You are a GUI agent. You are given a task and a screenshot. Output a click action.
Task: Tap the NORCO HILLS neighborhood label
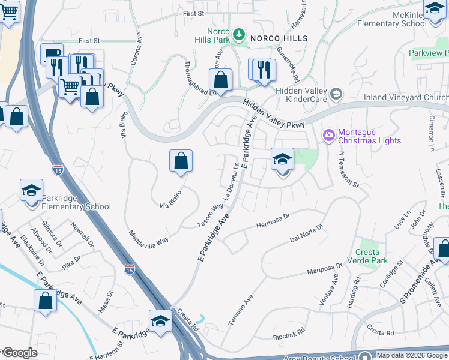tap(279, 38)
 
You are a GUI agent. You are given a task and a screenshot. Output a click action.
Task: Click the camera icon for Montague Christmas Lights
tap(328, 136)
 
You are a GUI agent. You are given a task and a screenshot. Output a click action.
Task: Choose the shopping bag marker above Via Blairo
tap(181, 161)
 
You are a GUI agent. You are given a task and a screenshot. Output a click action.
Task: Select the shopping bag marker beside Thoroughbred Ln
tap(221, 80)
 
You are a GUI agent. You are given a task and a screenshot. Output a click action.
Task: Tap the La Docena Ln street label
tap(232, 182)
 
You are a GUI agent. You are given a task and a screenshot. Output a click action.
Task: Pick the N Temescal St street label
tap(348, 170)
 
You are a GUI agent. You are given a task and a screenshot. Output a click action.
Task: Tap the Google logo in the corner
tap(19, 353)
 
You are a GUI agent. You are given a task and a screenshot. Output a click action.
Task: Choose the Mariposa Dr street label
tap(327, 266)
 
